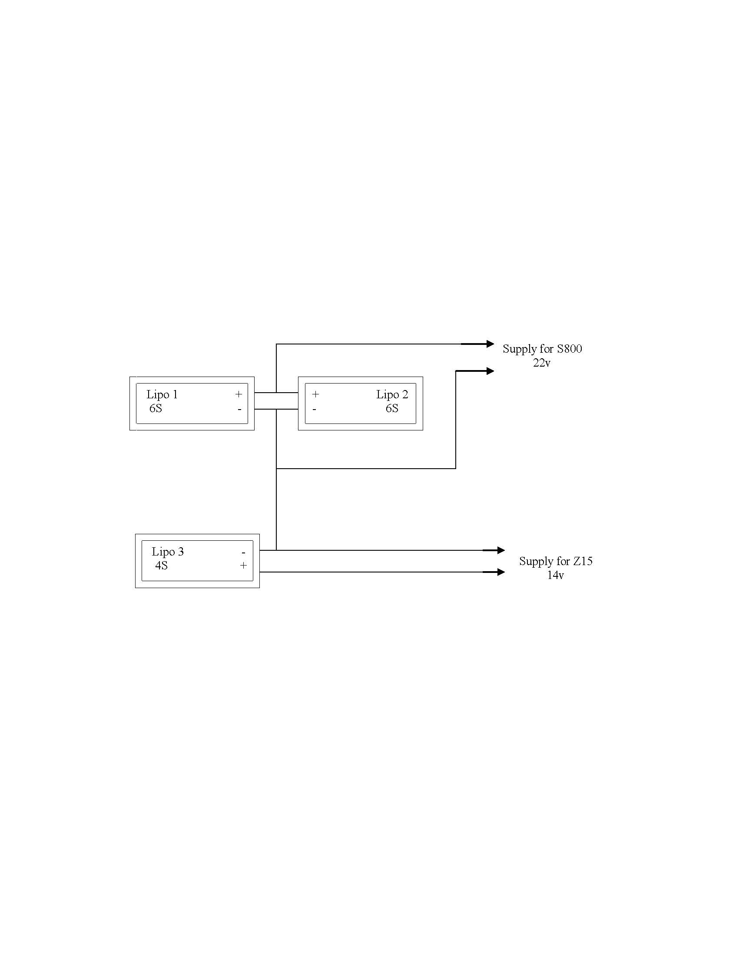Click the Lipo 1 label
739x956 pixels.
pyautogui.click(x=162, y=394)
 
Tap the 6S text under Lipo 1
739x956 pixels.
pyautogui.click(x=156, y=408)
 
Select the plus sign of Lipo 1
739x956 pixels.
pyautogui.click(x=239, y=394)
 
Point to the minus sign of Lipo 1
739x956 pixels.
pyautogui.click(x=239, y=409)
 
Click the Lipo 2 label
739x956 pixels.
pyautogui.click(x=392, y=394)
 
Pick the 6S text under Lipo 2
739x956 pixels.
pyautogui.click(x=392, y=408)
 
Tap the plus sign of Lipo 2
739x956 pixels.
pyautogui.click(x=315, y=394)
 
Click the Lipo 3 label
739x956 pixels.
pyautogui.click(x=168, y=552)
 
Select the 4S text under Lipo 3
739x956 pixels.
pyautogui.click(x=161, y=566)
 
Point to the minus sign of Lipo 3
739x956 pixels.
pyautogui.click(x=243, y=553)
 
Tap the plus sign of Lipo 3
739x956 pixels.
pyautogui.click(x=243, y=566)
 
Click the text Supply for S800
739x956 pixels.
pyautogui.click(x=542, y=349)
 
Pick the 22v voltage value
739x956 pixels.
pyautogui.click(x=542, y=363)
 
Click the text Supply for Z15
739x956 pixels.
pyautogui.click(x=556, y=561)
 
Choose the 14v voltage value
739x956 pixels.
pyautogui.click(x=555, y=575)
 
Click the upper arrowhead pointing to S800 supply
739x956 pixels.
pyautogui.click(x=490, y=344)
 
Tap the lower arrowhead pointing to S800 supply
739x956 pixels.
pyautogui.click(x=490, y=371)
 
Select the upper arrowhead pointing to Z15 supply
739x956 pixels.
pyautogui.click(x=501, y=550)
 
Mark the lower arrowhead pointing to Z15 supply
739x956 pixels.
pyautogui.click(x=501, y=572)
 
